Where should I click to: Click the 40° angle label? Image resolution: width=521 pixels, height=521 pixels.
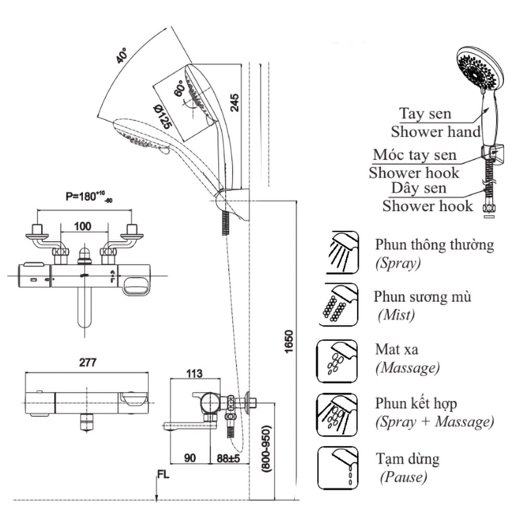123,55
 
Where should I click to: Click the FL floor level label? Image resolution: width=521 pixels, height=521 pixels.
163,474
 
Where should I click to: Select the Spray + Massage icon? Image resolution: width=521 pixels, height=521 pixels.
338,414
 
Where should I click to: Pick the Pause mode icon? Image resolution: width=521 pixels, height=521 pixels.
338,468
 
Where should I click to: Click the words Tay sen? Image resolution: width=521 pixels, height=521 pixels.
425,114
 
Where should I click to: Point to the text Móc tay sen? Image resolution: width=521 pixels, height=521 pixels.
414,155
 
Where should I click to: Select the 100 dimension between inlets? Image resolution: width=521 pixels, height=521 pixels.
82,226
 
